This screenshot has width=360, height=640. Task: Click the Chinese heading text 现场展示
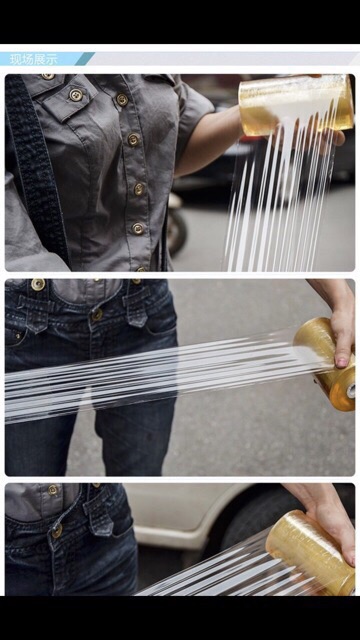click(x=34, y=59)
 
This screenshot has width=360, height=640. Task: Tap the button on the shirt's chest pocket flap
click(x=76, y=95)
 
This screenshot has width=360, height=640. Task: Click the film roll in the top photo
click(x=296, y=105)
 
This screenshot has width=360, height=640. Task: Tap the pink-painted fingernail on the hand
click(x=341, y=362)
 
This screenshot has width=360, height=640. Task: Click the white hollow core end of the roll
click(x=351, y=391)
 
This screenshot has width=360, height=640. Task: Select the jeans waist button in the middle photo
click(x=97, y=314)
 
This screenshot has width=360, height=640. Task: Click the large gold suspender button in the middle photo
click(x=38, y=284)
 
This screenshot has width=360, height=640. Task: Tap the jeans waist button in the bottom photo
click(x=57, y=531)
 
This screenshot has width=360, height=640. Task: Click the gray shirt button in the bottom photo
click(x=53, y=489)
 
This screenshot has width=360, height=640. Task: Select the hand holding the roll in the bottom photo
click(x=327, y=518)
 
